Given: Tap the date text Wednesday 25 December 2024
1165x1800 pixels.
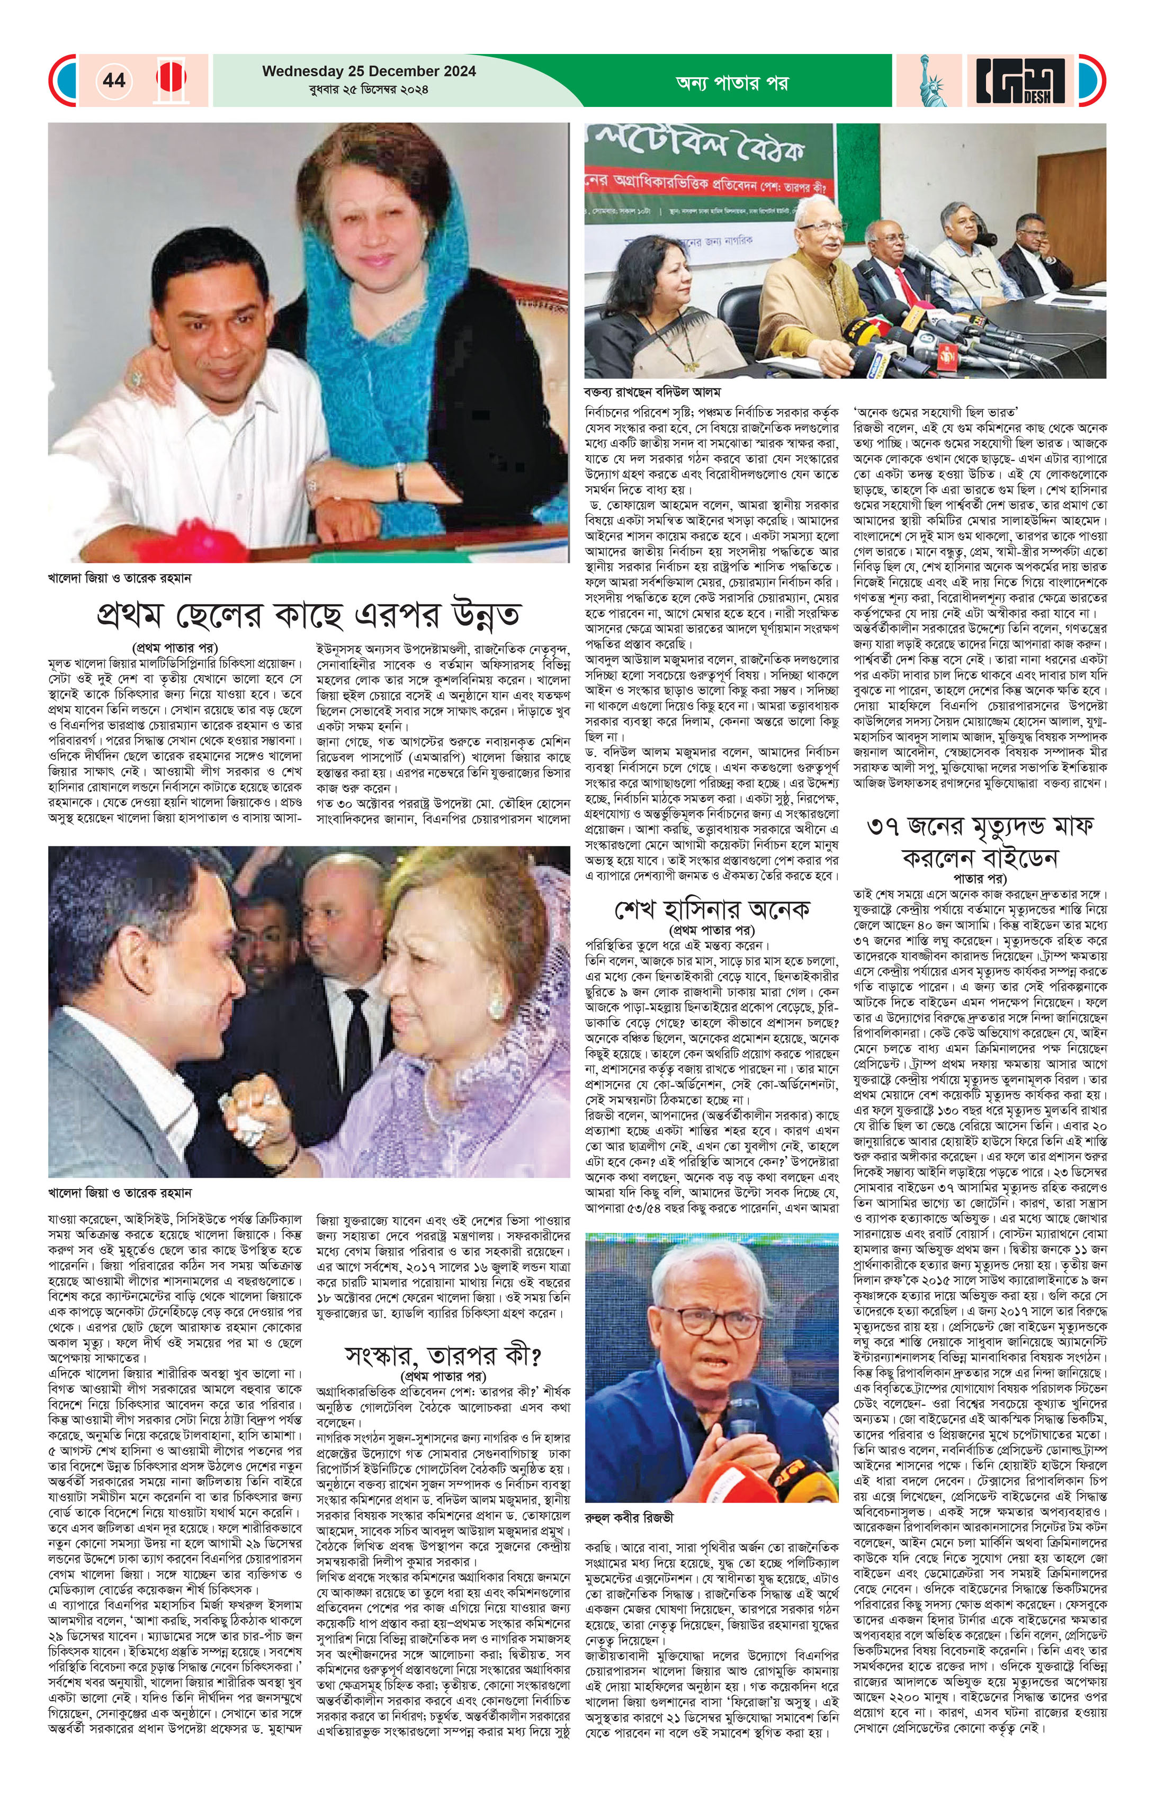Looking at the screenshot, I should pyautogui.click(x=369, y=71).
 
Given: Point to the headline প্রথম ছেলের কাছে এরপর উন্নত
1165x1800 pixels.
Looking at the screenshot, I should pyautogui.click(x=309, y=614).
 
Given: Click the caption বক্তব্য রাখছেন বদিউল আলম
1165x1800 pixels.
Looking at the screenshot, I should pyautogui.click(x=653, y=392).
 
